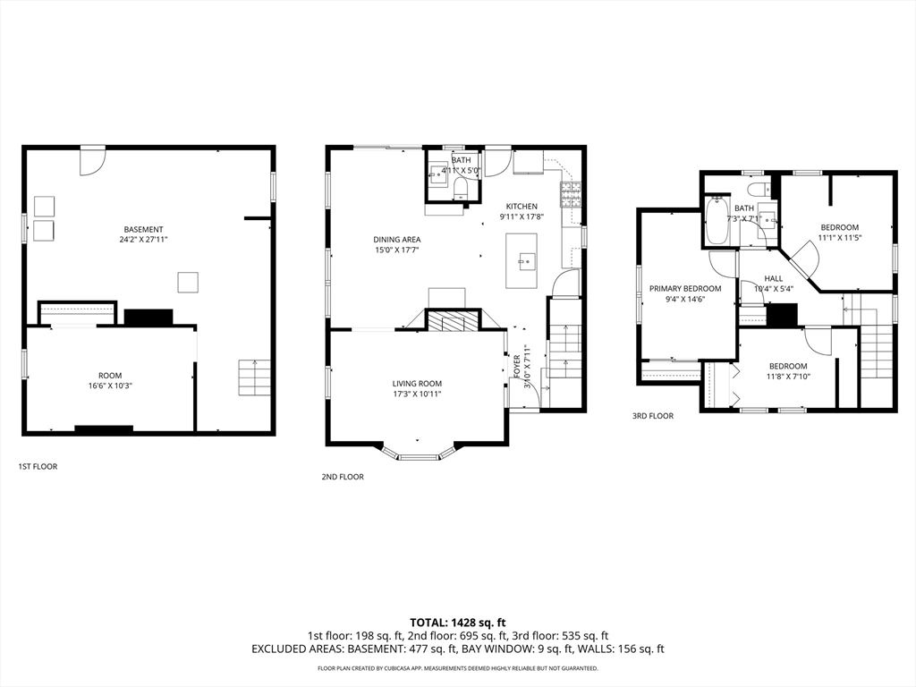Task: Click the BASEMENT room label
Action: (x=143, y=234)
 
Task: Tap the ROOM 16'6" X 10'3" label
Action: (x=110, y=380)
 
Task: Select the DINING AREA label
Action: (x=397, y=244)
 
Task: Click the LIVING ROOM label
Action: (x=417, y=388)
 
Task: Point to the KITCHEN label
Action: (x=522, y=211)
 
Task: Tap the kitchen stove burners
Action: (x=571, y=195)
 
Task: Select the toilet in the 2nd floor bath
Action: (x=461, y=188)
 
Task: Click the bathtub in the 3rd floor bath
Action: (x=717, y=222)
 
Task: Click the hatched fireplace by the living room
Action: (x=452, y=321)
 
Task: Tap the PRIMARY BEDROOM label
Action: (x=685, y=293)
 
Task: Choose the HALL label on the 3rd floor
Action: (x=774, y=284)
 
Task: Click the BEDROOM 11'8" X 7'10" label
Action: (x=788, y=371)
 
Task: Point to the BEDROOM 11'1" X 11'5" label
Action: (x=839, y=233)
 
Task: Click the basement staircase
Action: (x=254, y=378)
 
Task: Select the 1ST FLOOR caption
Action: (x=38, y=467)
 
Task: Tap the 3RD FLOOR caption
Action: (x=652, y=416)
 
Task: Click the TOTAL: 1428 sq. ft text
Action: (x=457, y=623)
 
